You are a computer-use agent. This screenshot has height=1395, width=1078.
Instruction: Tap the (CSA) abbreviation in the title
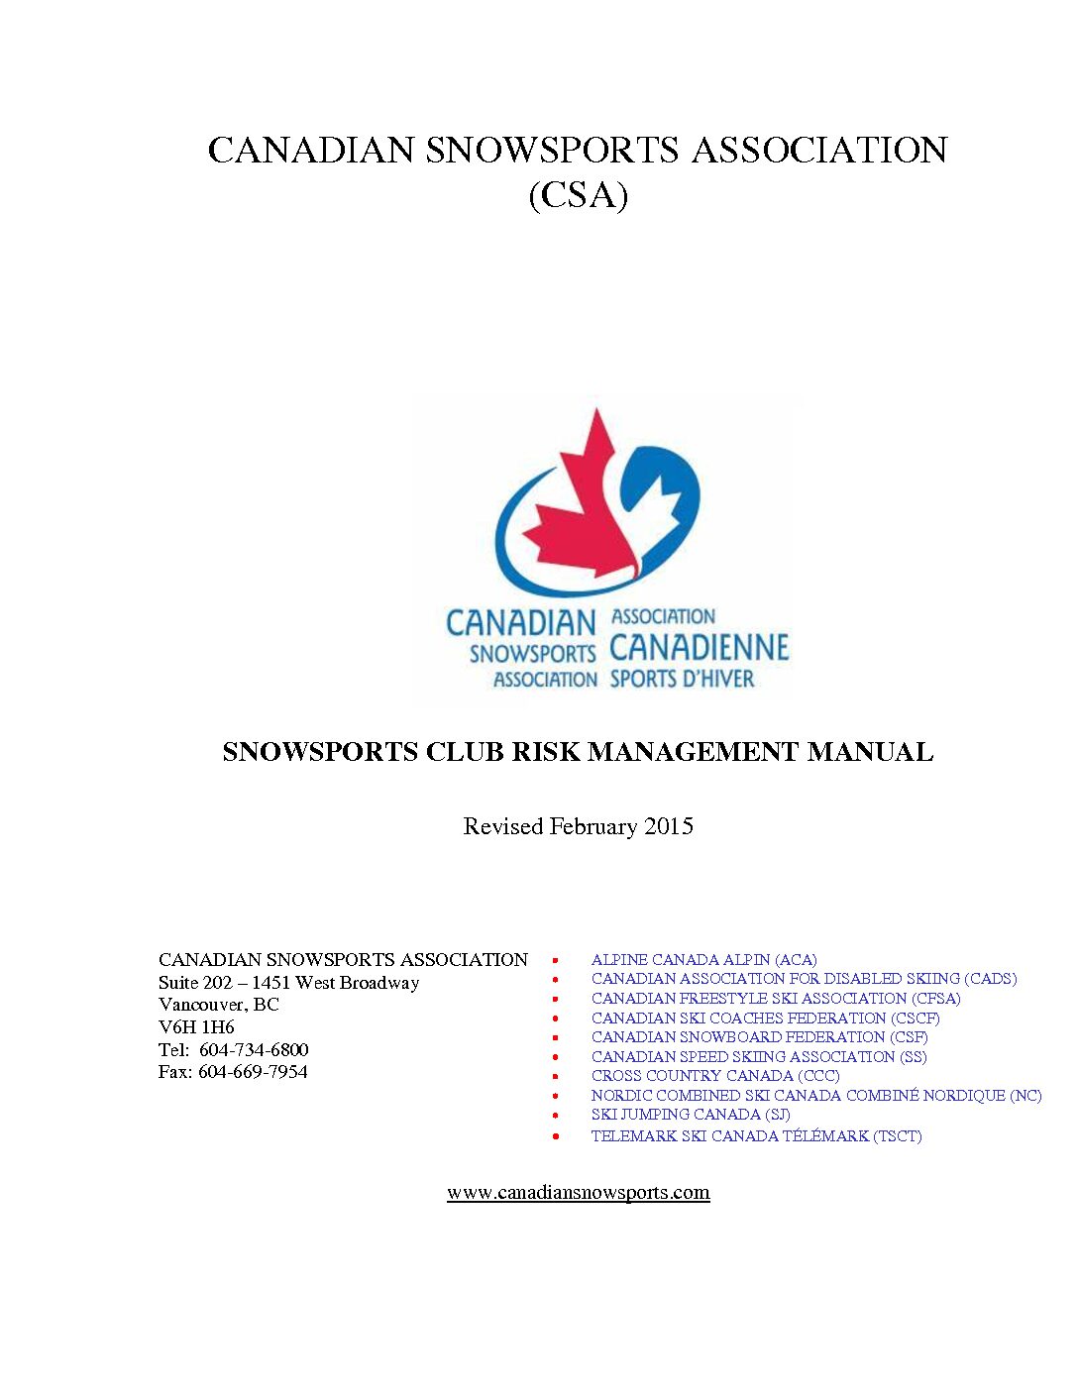tap(578, 194)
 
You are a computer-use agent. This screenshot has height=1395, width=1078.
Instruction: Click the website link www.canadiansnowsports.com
tap(578, 1192)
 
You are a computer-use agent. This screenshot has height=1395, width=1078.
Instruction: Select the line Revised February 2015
tap(578, 826)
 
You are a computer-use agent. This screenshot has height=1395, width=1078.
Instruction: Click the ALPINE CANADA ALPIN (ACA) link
tap(703, 959)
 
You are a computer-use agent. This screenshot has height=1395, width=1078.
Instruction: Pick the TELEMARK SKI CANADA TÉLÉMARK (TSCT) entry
tap(756, 1135)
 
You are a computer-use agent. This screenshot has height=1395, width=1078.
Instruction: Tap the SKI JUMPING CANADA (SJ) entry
tap(690, 1115)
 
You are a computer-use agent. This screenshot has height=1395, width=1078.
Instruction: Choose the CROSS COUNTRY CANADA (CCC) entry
tap(714, 1076)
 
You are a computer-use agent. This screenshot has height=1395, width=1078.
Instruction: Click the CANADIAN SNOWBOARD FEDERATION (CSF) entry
tap(759, 1037)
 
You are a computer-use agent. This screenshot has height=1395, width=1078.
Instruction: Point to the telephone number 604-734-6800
tap(254, 1049)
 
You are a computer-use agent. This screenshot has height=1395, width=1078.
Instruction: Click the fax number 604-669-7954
tap(253, 1072)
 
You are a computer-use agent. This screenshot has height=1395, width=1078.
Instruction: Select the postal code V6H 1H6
tap(196, 1027)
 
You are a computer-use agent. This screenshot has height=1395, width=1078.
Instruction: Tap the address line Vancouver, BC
tap(219, 1005)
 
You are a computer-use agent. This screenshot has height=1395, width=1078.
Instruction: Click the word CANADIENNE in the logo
tap(699, 648)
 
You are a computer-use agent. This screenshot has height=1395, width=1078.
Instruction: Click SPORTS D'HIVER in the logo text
tap(682, 679)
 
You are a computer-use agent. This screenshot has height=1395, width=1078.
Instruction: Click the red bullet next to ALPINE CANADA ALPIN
tap(556, 960)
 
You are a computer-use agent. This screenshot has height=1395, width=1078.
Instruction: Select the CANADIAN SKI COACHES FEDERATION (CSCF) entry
tap(765, 1018)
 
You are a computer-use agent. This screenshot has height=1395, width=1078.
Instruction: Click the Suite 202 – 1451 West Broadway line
tap(288, 983)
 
